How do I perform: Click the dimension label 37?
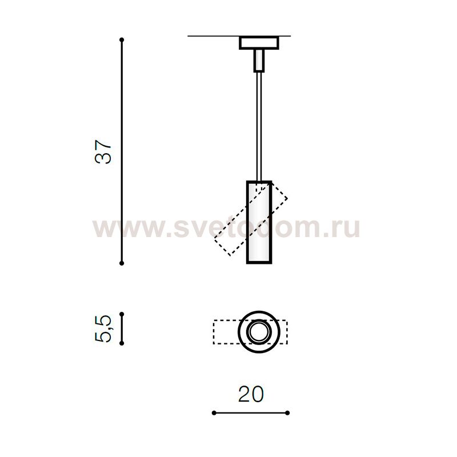(105, 152)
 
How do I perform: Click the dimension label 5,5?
(105, 328)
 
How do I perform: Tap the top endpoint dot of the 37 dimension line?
(122, 40)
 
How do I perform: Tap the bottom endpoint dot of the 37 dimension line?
(122, 263)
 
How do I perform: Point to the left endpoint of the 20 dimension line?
(213, 412)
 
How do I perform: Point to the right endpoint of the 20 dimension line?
(287, 412)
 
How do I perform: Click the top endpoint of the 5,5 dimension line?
(122, 314)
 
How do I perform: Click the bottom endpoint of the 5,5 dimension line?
(122, 343)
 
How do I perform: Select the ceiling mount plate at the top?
(258, 43)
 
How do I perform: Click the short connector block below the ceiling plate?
(259, 60)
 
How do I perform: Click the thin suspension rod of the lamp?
(259, 126)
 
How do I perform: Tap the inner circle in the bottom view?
(258, 332)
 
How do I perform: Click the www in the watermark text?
(117, 229)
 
